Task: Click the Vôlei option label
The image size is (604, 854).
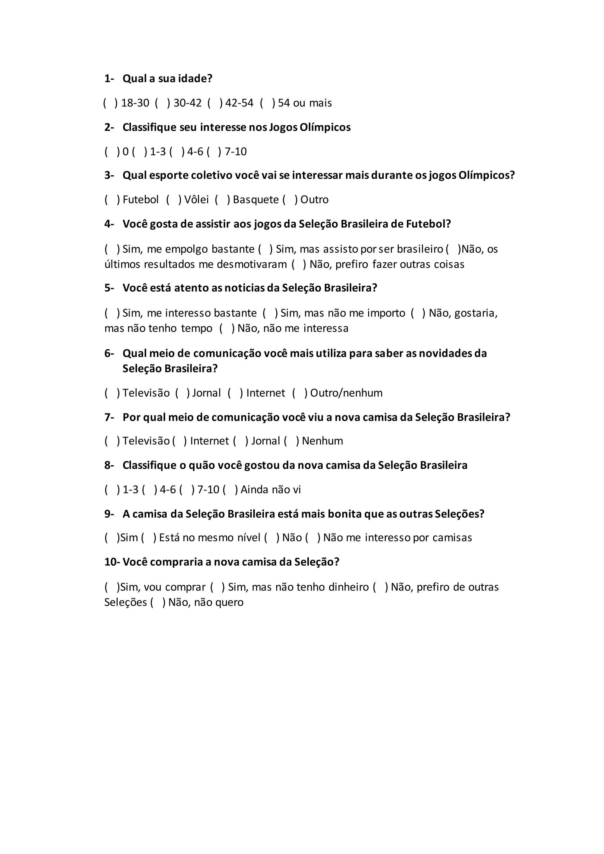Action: click(196, 200)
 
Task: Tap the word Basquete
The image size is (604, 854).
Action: click(256, 200)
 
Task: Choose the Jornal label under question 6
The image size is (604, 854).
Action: click(206, 393)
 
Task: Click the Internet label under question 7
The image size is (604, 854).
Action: click(209, 441)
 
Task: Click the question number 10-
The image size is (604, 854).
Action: click(112, 562)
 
